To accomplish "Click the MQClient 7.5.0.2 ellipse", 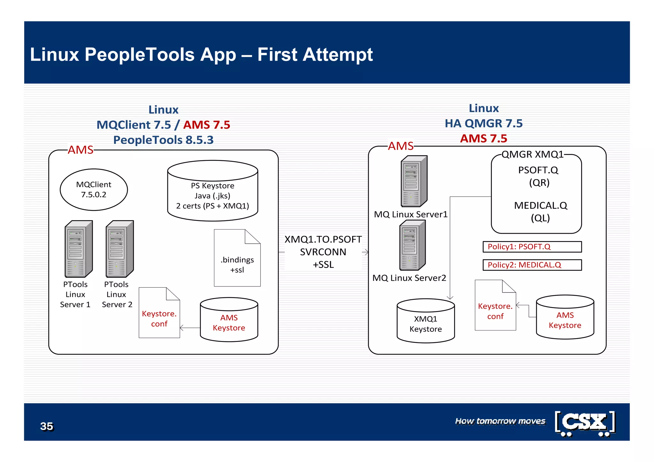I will (x=94, y=190).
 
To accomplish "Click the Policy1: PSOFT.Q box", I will (x=532, y=246).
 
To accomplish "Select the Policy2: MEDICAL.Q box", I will (x=532, y=265).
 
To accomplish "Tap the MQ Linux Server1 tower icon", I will (x=414, y=181).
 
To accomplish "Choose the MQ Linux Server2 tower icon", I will (x=412, y=245).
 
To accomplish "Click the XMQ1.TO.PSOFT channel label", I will (x=323, y=239).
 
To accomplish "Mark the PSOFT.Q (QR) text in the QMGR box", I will (x=538, y=176).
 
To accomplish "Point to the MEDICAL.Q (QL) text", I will (x=540, y=211).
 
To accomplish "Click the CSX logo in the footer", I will (x=585, y=423).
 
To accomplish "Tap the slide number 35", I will (x=47, y=426).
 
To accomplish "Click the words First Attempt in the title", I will (x=315, y=54).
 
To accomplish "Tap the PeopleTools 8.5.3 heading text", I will (x=163, y=140).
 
